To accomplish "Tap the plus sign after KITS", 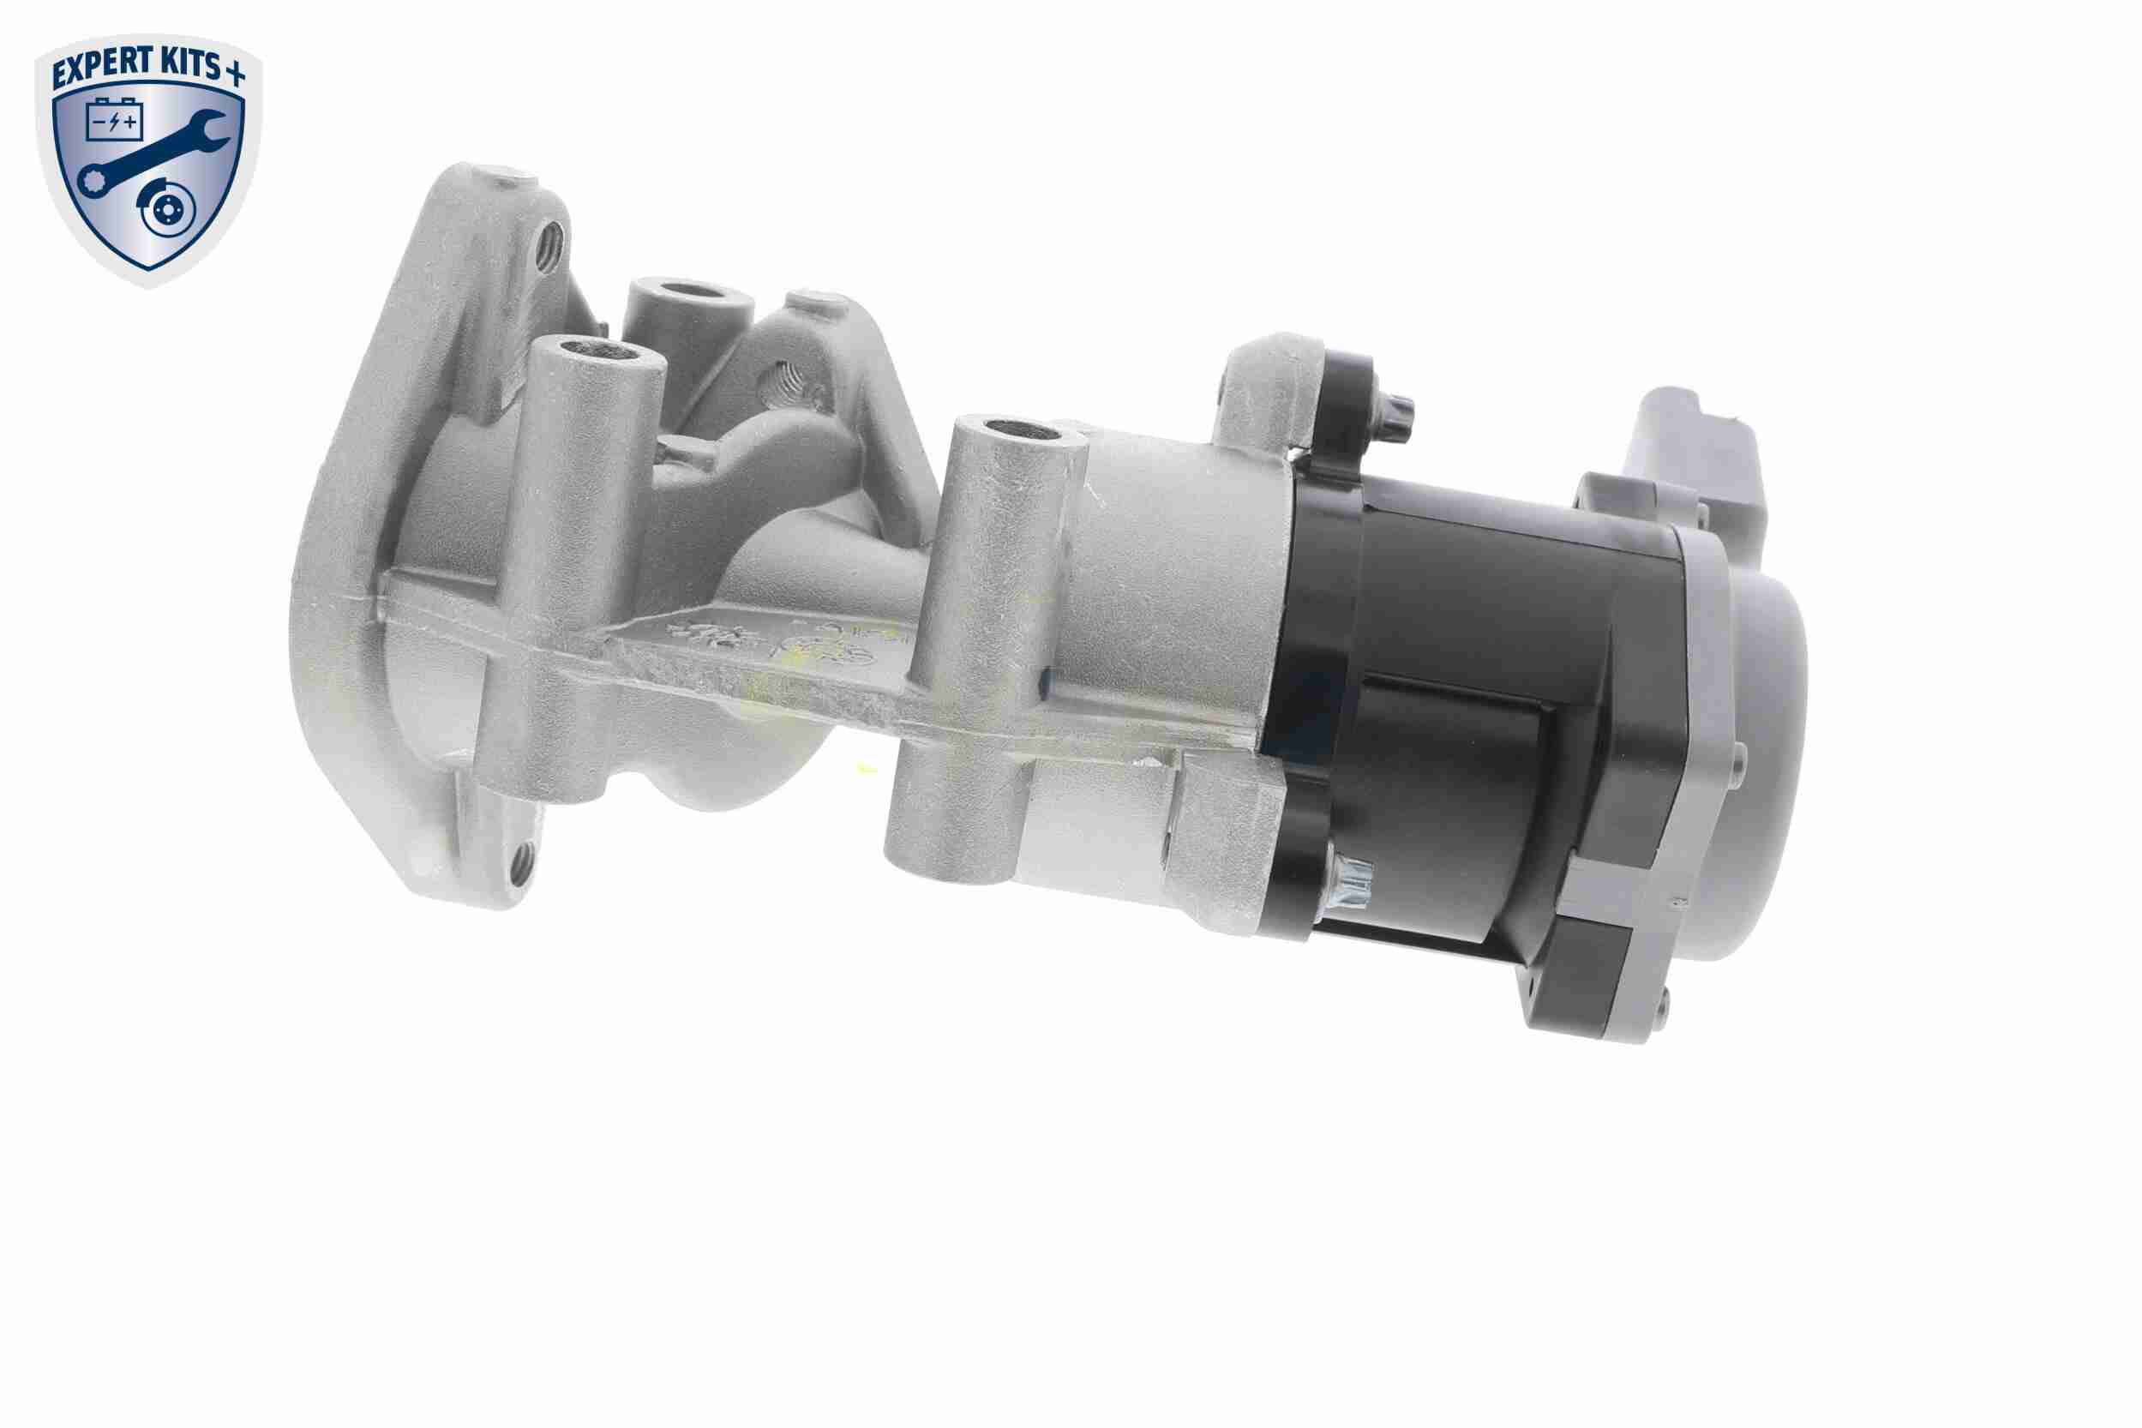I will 236,74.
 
